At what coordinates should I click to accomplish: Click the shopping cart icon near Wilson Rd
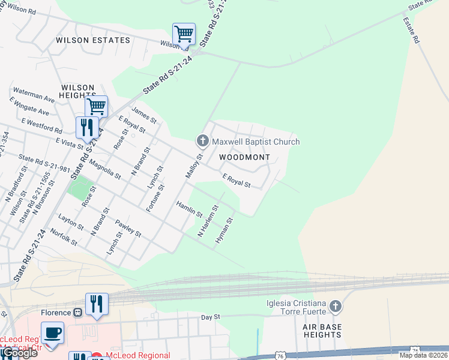(x=184, y=34)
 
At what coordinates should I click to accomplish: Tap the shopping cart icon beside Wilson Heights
(x=96, y=107)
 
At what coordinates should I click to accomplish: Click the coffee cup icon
(x=52, y=332)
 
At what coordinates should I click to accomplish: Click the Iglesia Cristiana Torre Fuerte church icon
(x=336, y=307)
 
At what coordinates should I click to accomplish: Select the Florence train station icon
(x=77, y=313)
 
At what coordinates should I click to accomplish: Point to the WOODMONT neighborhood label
(x=244, y=157)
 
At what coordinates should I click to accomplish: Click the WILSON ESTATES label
(x=92, y=40)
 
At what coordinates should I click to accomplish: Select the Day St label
(x=211, y=317)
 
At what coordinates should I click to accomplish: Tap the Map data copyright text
(x=424, y=355)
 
